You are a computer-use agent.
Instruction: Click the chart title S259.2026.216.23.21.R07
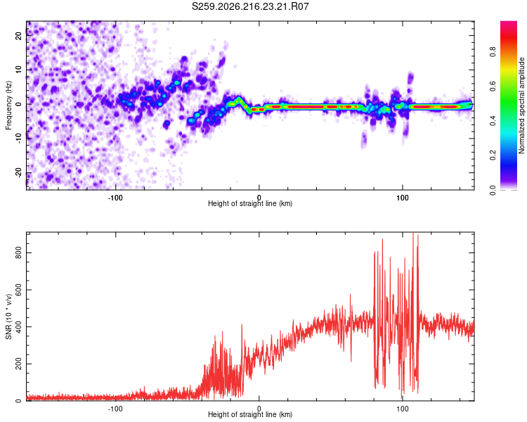click(x=250, y=6)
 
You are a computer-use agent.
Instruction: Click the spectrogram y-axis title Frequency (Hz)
click(x=8, y=105)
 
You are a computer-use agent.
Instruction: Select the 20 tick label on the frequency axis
click(x=18, y=35)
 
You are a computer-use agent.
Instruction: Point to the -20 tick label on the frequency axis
click(x=18, y=172)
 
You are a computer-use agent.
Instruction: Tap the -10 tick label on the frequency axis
click(x=18, y=139)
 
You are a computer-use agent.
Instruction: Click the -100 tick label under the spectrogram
click(x=115, y=198)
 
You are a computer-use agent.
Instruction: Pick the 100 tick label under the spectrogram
click(x=403, y=198)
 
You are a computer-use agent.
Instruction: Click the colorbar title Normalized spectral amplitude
click(x=521, y=105)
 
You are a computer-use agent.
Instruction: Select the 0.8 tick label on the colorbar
click(x=493, y=52)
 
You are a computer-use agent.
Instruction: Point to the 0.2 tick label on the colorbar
click(x=493, y=155)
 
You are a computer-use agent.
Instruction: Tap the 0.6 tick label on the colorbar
click(x=493, y=86)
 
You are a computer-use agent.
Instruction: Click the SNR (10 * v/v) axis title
click(x=8, y=316)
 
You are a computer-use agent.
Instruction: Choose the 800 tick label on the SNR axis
click(x=18, y=252)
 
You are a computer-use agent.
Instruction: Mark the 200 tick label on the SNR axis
click(x=18, y=364)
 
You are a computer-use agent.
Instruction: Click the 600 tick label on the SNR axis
click(x=18, y=290)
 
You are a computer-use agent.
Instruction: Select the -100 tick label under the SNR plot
click(x=115, y=409)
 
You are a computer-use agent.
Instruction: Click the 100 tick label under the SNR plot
click(x=403, y=409)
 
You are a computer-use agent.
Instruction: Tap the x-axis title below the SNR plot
click(x=250, y=414)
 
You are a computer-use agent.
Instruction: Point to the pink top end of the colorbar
click(x=509, y=23)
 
